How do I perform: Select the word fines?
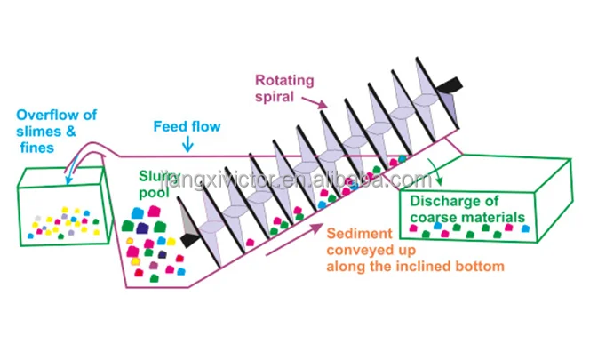(x=38, y=148)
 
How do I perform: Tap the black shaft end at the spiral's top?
(x=451, y=84)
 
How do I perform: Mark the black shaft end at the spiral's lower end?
(x=187, y=239)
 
